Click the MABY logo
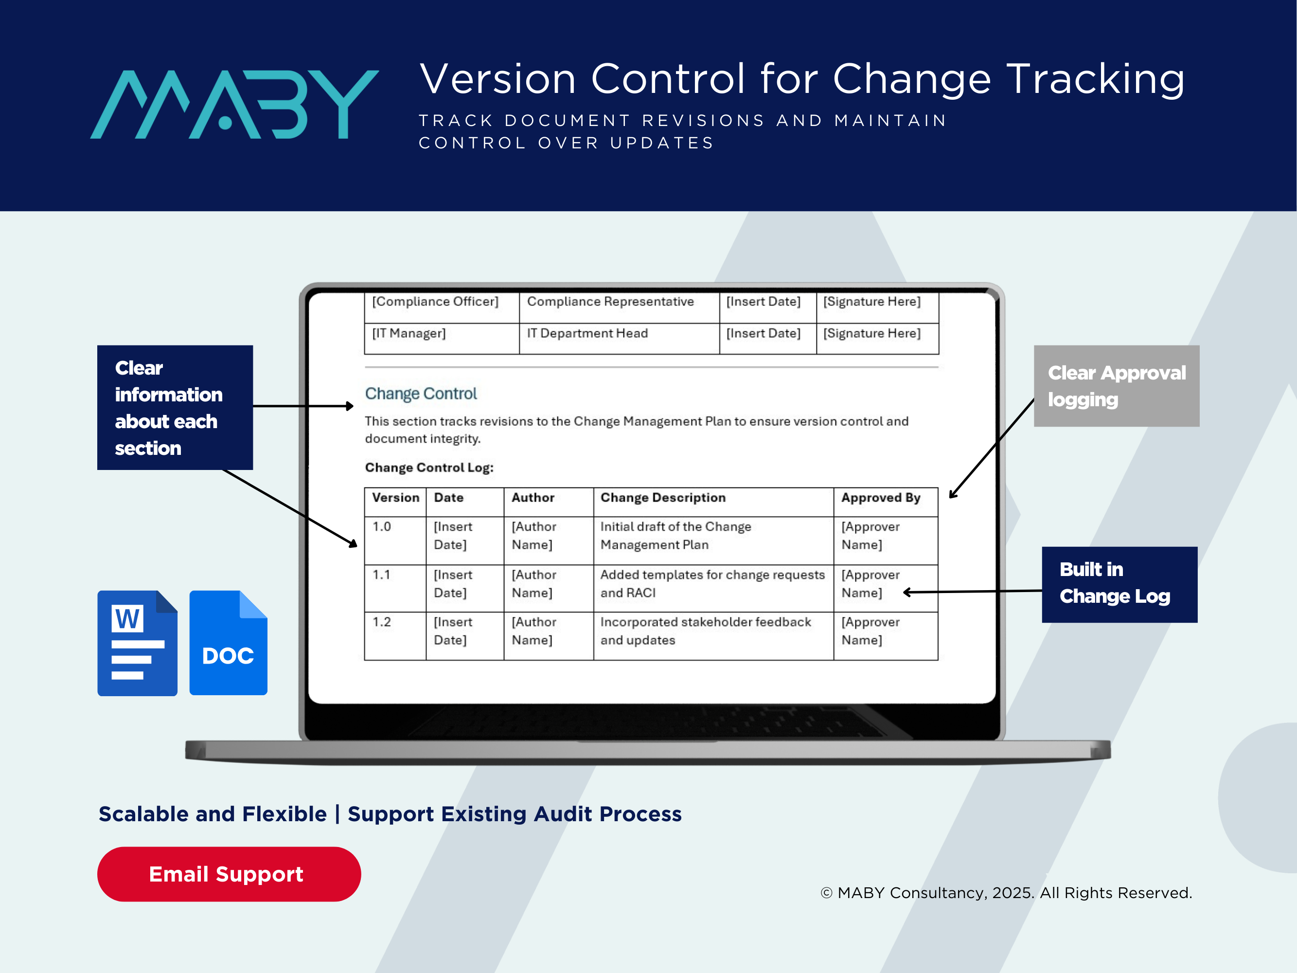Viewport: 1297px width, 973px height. point(234,105)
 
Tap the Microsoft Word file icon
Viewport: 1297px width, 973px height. point(137,643)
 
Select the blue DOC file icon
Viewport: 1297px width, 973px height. point(228,643)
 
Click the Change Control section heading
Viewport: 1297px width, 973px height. point(421,394)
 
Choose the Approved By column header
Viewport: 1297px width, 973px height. point(881,498)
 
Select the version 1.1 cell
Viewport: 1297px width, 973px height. point(395,588)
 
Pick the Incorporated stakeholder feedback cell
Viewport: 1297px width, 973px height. point(713,636)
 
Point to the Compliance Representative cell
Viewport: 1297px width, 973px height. point(619,307)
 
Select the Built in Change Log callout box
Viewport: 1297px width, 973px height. point(1119,584)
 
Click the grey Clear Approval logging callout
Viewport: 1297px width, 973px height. point(1117,386)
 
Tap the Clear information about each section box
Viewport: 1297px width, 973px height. point(175,408)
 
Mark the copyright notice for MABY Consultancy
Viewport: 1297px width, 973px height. point(1006,893)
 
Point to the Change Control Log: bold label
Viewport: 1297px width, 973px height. point(429,468)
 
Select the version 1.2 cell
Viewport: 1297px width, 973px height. point(395,636)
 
